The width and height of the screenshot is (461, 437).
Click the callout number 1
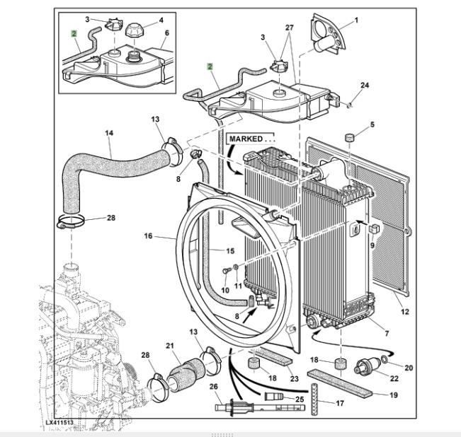pos(355,20)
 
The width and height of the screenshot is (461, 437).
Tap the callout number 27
pos(288,27)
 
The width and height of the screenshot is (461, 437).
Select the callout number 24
pos(365,86)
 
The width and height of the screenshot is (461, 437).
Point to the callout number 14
pos(109,133)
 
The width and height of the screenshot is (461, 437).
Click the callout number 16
pos(148,235)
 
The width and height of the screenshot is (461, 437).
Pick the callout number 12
pos(404,312)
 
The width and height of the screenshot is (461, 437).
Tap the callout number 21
pos(169,346)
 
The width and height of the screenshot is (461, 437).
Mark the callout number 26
pos(213,386)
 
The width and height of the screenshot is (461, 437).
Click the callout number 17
pos(320,404)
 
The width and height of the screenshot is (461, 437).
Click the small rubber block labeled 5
pos(349,136)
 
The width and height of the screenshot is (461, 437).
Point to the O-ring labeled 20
pos(383,361)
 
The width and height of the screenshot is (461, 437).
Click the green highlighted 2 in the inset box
pos(74,33)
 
